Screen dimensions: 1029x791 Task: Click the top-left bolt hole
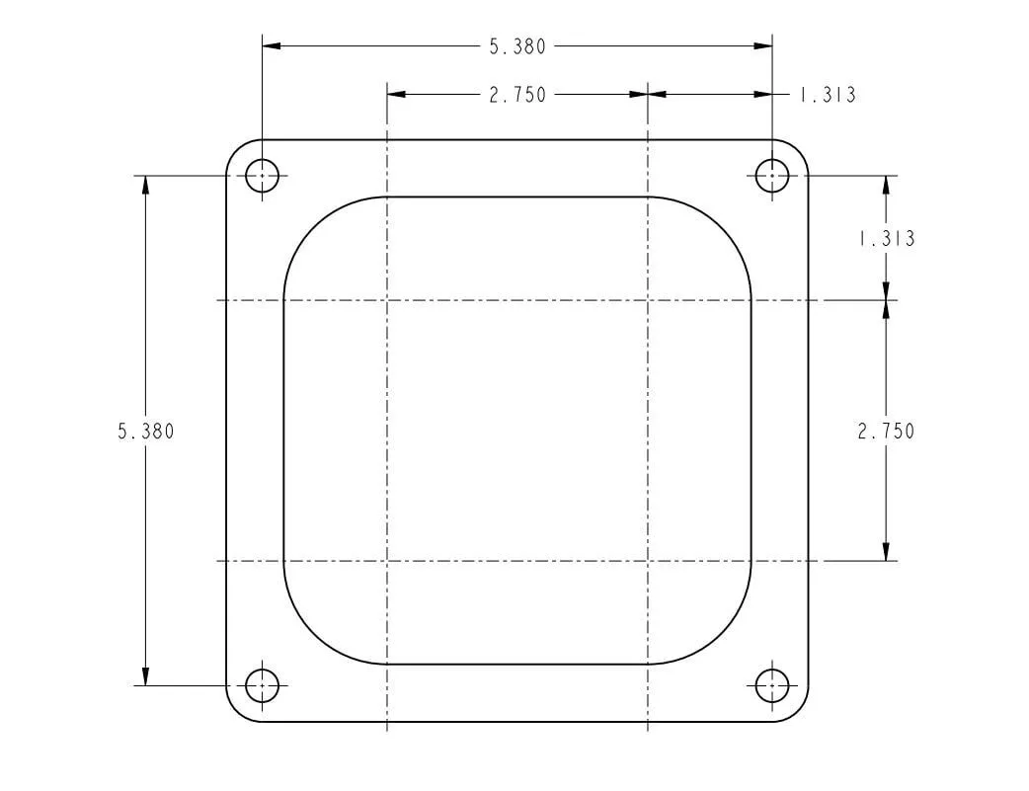pyautogui.click(x=262, y=176)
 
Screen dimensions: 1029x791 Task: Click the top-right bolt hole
pyautogui.click(x=772, y=176)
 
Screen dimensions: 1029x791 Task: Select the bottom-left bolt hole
pyautogui.click(x=262, y=685)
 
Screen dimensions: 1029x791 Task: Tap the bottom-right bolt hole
pyautogui.click(x=772, y=685)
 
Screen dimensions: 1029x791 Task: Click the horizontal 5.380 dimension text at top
pyautogui.click(x=517, y=46)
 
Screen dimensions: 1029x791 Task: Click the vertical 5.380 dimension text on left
pyautogui.click(x=146, y=432)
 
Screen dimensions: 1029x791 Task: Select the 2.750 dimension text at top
pyautogui.click(x=517, y=95)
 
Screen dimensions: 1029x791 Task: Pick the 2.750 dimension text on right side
pyautogui.click(x=885, y=432)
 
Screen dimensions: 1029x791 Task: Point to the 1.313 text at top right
pyautogui.click(x=827, y=95)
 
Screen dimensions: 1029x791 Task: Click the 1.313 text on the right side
pyautogui.click(x=886, y=238)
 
